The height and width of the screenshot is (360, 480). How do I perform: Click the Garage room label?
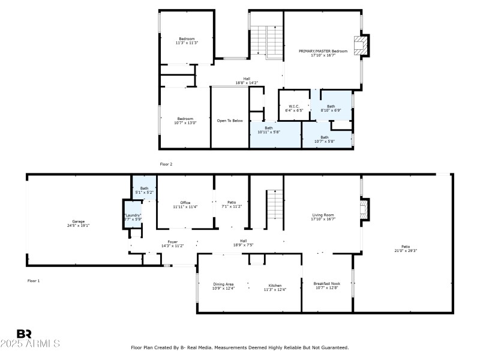78,224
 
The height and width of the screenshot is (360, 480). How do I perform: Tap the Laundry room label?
133,217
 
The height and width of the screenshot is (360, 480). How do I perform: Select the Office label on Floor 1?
185,205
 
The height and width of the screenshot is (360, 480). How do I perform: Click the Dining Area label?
223,286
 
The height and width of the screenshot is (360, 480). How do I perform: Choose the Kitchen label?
275,287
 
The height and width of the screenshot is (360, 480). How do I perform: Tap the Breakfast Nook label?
326,285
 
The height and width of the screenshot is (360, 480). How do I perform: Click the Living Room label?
323,217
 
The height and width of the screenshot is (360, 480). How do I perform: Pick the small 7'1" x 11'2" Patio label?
231,204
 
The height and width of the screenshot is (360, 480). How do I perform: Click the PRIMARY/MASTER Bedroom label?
323,53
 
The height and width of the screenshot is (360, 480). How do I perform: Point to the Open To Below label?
230,121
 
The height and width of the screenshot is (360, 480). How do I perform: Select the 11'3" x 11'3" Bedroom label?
187,41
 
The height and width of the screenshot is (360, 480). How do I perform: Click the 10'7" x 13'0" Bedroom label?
185,120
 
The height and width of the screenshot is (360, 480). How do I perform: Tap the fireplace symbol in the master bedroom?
361,45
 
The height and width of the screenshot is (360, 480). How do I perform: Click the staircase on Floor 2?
266,41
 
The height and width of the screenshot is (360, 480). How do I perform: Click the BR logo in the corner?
24,334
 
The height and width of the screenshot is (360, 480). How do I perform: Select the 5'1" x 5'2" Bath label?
144,190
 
